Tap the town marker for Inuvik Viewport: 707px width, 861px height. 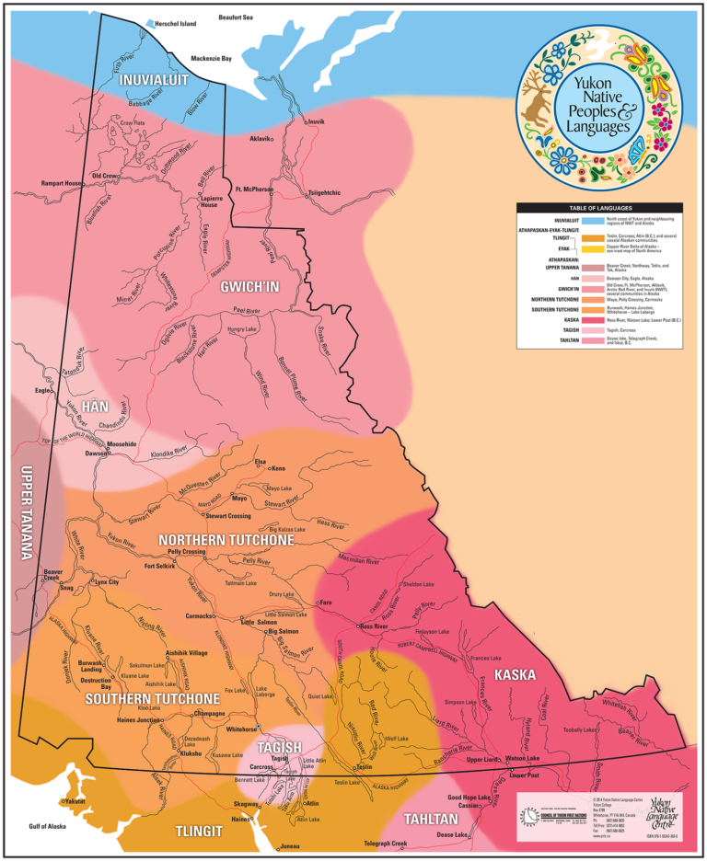pos(307,121)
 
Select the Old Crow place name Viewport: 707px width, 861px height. pos(104,176)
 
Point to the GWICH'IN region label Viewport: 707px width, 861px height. pos(249,287)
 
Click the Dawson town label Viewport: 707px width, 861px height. pos(96,453)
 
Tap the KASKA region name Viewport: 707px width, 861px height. pos(515,675)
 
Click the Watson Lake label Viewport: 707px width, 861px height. pos(522,758)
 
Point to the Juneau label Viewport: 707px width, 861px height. pos(290,845)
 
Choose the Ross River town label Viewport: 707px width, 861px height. pos(377,626)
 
